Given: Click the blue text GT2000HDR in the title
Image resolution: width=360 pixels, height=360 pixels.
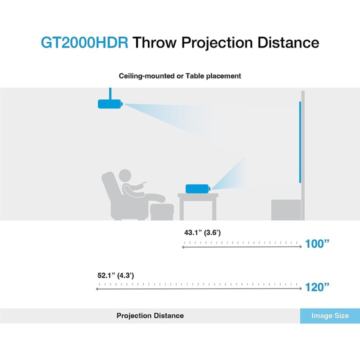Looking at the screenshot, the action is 84,42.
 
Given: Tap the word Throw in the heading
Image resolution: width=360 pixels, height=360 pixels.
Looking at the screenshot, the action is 154,42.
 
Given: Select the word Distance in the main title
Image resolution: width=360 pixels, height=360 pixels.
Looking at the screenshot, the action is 288,42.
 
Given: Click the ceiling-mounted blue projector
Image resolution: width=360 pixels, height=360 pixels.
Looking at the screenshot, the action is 110,104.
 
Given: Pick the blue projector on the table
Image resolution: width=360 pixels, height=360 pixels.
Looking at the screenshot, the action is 198,188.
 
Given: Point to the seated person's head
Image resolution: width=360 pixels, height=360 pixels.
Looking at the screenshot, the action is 125,176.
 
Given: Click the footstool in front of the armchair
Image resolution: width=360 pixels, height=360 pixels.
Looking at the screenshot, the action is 162,212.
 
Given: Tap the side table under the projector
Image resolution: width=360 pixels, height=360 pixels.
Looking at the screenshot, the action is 198,206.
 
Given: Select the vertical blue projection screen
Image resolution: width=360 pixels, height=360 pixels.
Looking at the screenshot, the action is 300,142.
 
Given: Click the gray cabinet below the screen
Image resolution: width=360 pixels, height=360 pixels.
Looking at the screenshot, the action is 286,210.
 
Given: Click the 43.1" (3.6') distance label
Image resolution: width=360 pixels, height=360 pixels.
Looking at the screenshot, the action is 202,232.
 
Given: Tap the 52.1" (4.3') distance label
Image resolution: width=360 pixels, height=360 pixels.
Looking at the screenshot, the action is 115,275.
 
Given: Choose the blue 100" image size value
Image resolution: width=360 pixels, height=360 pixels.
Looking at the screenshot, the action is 317,244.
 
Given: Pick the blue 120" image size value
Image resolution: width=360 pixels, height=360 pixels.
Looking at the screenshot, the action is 317,287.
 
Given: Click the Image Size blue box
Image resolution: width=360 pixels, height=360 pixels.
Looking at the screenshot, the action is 330,316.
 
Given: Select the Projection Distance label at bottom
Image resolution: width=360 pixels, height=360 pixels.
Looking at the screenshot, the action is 150,315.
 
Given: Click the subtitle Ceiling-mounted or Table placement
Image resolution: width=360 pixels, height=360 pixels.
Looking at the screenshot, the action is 180,76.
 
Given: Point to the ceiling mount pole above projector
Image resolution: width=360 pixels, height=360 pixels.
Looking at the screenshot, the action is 110,93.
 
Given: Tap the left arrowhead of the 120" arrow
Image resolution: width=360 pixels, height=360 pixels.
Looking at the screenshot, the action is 97,289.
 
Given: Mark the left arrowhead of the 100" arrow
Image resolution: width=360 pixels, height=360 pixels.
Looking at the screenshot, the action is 183,247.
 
